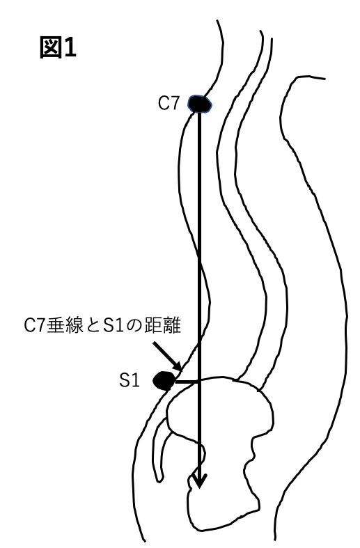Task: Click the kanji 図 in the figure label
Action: point(49,47)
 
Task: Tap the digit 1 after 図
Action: point(69,47)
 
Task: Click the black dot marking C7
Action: point(200,104)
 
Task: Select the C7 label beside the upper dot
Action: point(169,104)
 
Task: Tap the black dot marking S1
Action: point(164,381)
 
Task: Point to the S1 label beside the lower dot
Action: point(130,381)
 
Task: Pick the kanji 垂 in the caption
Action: point(55,326)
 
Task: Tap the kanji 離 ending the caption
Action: point(172,326)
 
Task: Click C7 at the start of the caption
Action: point(36,326)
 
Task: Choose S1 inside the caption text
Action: point(114,326)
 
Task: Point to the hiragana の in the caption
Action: point(135,326)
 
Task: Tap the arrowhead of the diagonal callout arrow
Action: point(178,367)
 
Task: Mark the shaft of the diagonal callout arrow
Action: point(166,354)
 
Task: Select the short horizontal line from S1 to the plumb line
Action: point(187,382)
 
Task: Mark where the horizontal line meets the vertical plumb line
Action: point(200,382)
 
